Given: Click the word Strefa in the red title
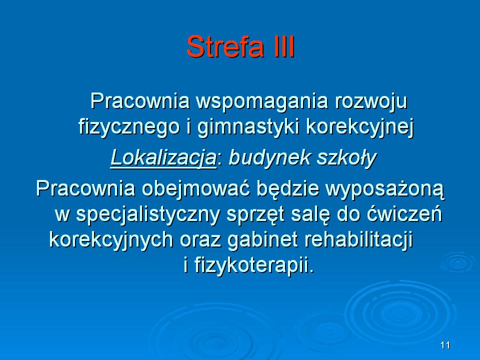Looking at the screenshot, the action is pyautogui.click(x=225, y=46).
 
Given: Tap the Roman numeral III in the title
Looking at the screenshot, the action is pyautogui.click(x=283, y=46).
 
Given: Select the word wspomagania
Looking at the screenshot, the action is pyautogui.click(x=262, y=102).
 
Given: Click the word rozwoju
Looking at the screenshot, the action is pyautogui.click(x=370, y=102).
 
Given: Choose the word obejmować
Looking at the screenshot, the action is pyautogui.click(x=195, y=188).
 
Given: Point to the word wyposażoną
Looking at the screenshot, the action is pyautogui.click(x=385, y=189).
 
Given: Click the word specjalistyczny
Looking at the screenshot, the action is pyautogui.click(x=148, y=214).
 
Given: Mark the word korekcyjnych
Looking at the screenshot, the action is pyautogui.click(x=111, y=240).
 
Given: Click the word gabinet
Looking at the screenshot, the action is pyautogui.click(x=262, y=240).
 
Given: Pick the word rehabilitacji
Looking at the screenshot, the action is pyautogui.click(x=358, y=240).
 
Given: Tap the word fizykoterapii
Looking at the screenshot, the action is pyautogui.click(x=254, y=265).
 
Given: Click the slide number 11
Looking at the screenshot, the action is pyautogui.click(x=445, y=345).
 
